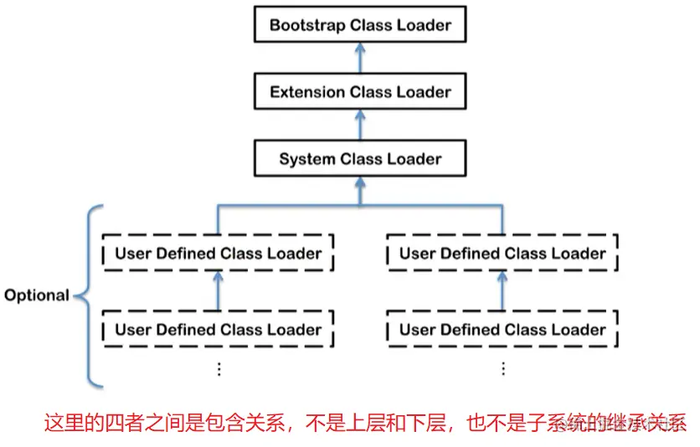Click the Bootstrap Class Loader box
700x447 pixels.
click(x=360, y=25)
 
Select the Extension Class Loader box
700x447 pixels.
click(x=360, y=92)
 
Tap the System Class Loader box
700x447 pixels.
click(x=360, y=159)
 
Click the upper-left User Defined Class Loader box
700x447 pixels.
click(x=218, y=254)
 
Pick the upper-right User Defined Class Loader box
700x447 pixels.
click(x=502, y=254)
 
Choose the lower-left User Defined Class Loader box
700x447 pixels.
click(x=218, y=330)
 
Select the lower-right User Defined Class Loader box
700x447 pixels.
click(x=502, y=330)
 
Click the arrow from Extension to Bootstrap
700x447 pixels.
click(x=360, y=58)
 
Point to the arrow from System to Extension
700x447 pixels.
click(x=360, y=126)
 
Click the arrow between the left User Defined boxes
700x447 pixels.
click(x=218, y=290)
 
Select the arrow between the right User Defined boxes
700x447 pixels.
click(x=502, y=290)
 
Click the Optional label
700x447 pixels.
click(x=36, y=295)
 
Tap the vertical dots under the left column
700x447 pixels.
click(x=219, y=368)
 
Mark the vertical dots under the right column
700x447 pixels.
click(x=503, y=368)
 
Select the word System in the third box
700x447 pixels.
click(x=306, y=159)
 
